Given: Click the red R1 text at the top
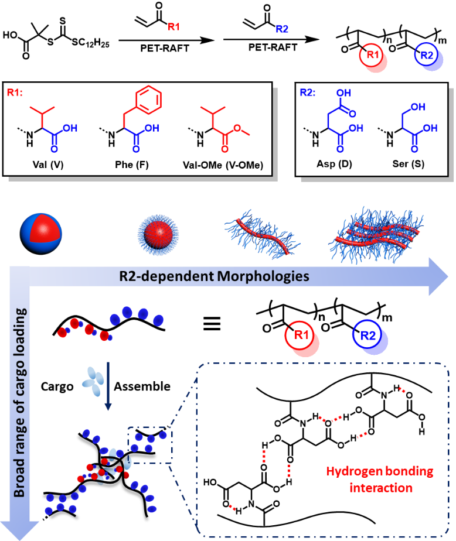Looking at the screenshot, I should pyautogui.click(x=174, y=26).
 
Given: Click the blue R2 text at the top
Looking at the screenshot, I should pyautogui.click(x=282, y=29).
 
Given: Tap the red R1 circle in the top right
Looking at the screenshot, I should pyautogui.click(x=373, y=56).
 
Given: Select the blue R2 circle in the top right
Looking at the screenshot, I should pyautogui.click(x=427, y=56).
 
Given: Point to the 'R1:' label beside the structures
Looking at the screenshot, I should pyautogui.click(x=15, y=93).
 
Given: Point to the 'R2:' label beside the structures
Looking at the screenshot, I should pyautogui.click(x=308, y=93).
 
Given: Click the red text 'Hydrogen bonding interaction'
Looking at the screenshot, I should pyautogui.click(x=380, y=480).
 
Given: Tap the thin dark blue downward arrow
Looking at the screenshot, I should pyautogui.click(x=108, y=386).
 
